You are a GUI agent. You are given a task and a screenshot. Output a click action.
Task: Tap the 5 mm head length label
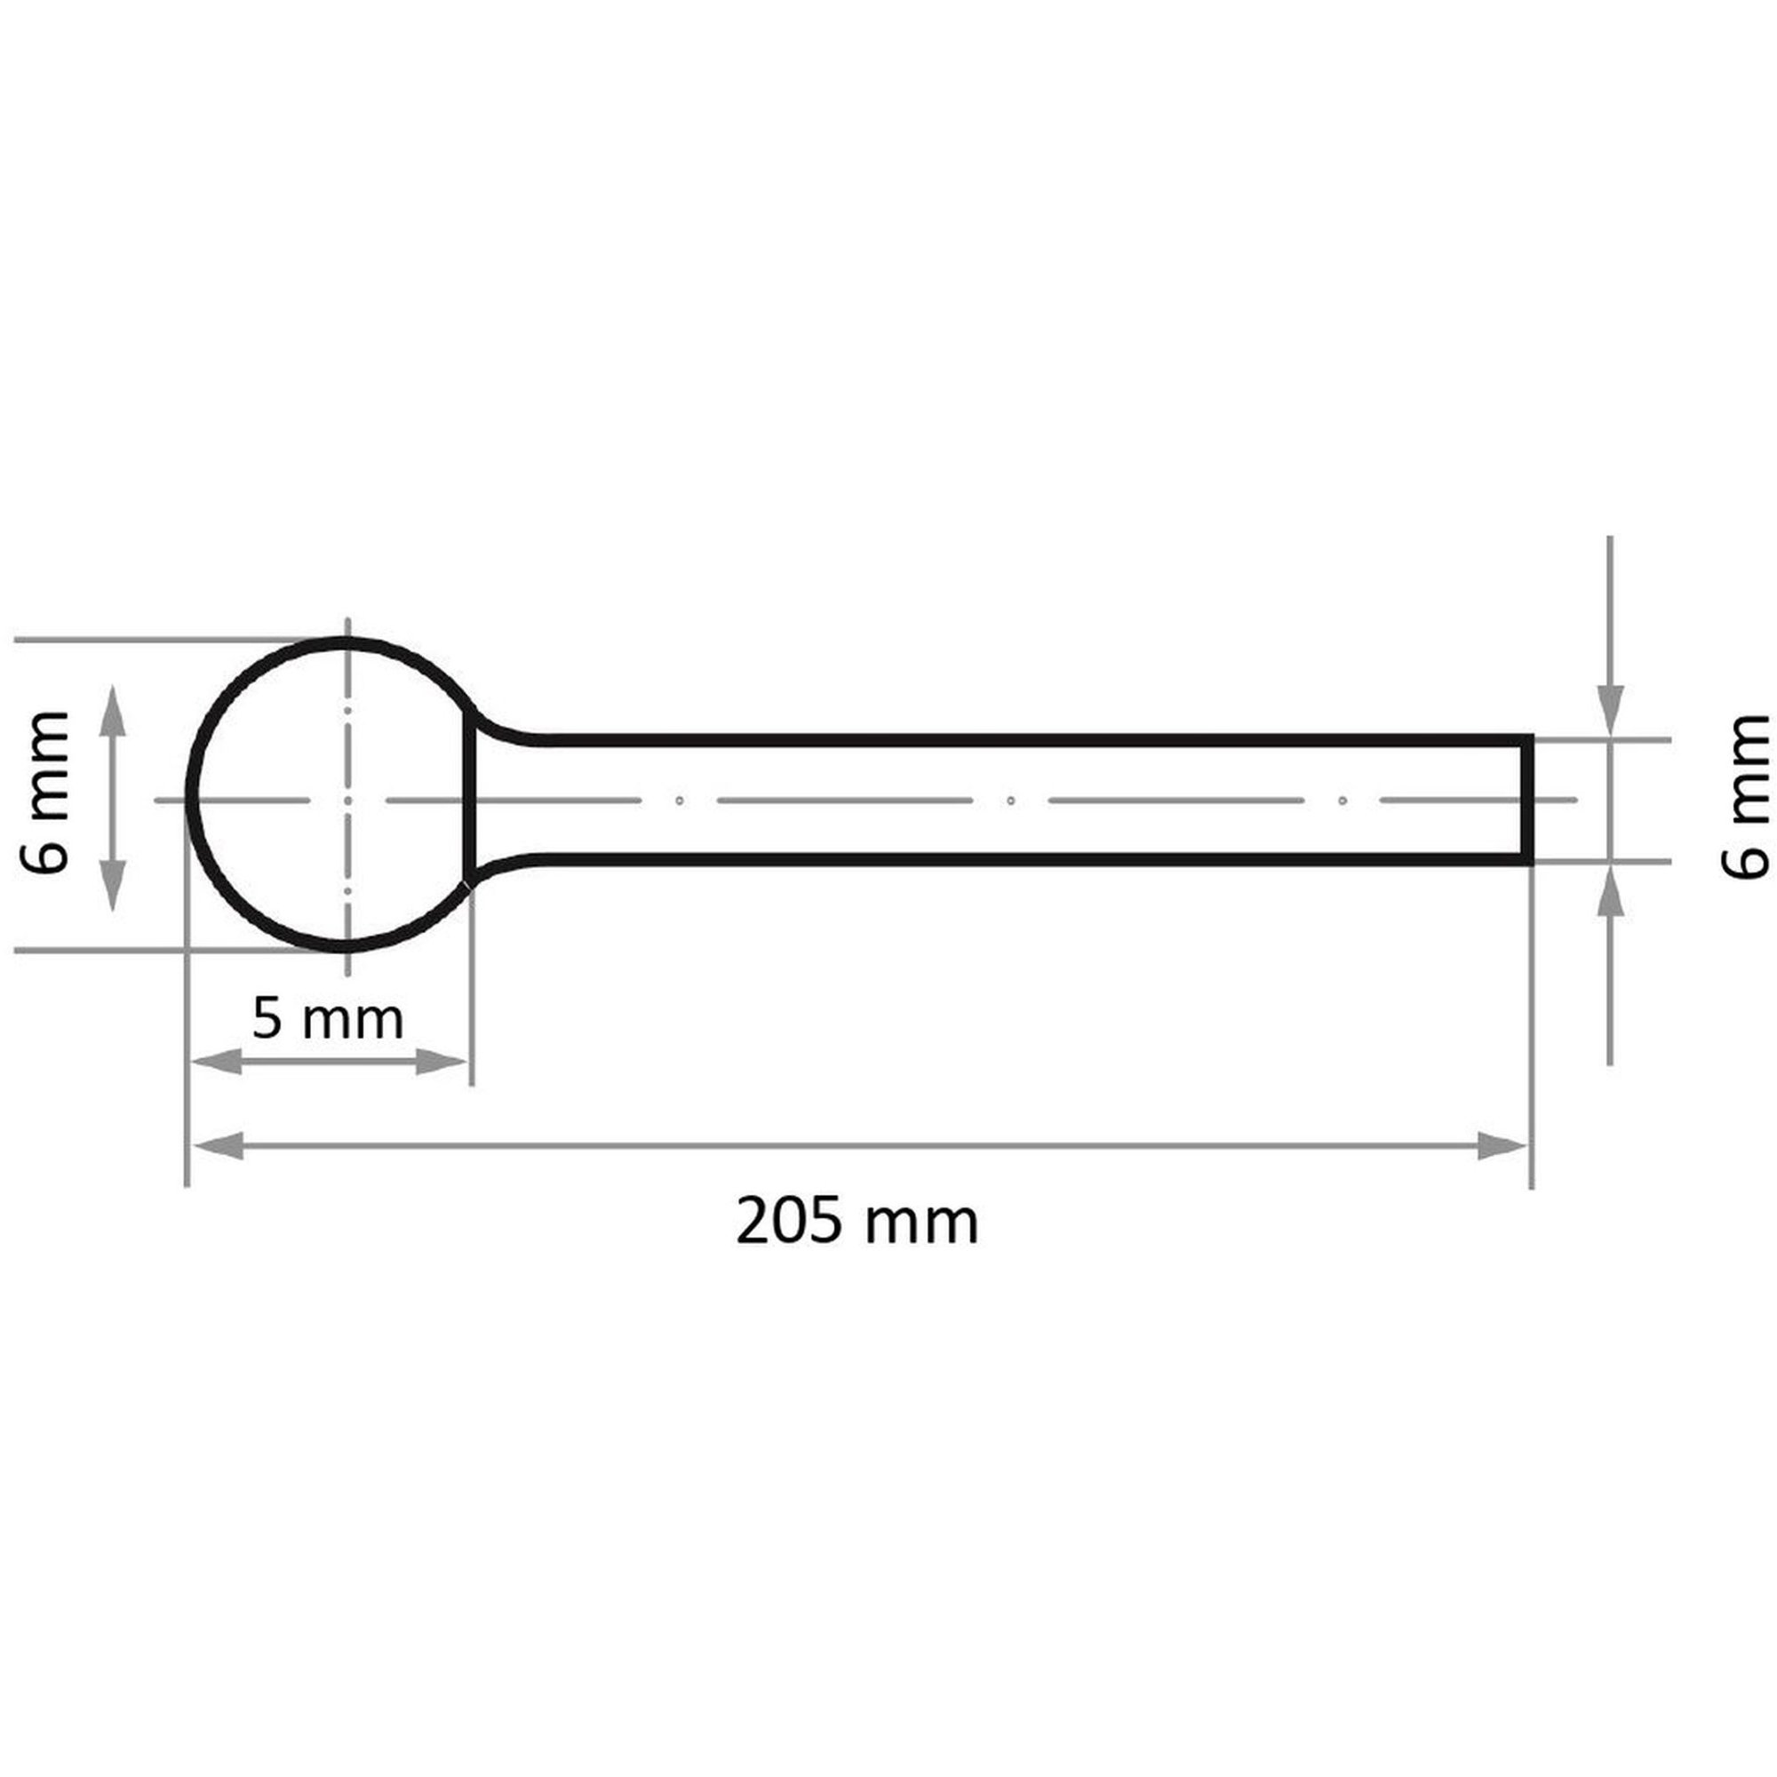(x=328, y=1019)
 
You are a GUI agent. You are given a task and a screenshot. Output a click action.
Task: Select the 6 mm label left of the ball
(x=45, y=793)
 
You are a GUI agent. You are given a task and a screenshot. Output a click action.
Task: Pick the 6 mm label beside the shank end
(x=1744, y=796)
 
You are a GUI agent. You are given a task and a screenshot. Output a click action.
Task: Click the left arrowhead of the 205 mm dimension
(x=217, y=1147)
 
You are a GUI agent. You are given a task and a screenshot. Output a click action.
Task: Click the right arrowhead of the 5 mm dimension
(x=442, y=1064)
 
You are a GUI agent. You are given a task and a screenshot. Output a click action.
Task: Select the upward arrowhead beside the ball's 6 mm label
(x=112, y=710)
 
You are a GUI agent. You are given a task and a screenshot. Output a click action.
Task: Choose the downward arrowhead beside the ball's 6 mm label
(x=112, y=886)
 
